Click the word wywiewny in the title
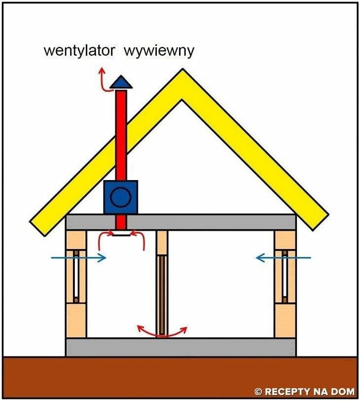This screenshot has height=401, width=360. click(159, 51)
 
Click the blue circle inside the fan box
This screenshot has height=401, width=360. click(120, 197)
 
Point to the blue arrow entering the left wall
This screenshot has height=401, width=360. click(78, 257)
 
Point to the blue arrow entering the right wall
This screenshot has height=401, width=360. click(284, 257)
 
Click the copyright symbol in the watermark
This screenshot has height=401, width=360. click(258, 392)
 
